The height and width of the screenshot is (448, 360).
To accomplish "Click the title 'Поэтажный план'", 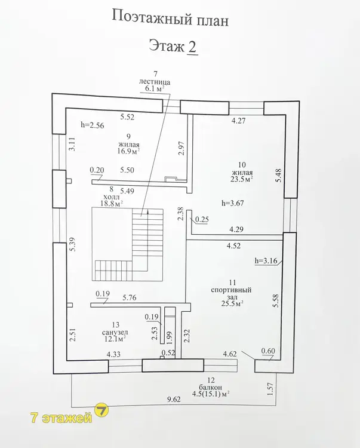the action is (170, 19).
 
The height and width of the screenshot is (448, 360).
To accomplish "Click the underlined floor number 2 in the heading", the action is (192, 46).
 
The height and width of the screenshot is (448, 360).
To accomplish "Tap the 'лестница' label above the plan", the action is (155, 82).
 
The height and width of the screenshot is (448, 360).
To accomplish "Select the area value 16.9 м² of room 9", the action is (128, 151).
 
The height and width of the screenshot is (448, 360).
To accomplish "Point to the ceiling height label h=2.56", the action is (92, 125).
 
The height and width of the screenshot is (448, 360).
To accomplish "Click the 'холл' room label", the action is (112, 197).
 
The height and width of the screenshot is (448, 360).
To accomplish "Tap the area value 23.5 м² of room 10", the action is (242, 179).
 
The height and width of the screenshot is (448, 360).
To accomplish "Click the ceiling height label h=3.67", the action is (233, 203).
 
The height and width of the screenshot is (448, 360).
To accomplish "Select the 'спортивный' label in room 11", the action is (231, 290).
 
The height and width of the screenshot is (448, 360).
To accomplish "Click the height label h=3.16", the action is (266, 260).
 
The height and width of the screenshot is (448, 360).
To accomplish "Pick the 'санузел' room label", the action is (115, 332).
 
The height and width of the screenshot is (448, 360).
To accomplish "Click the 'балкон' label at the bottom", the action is (211, 388).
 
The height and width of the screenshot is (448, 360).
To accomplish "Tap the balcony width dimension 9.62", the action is (174, 399).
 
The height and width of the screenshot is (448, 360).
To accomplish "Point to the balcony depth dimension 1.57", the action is (270, 389).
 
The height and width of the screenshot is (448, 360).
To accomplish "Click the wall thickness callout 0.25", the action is (202, 219).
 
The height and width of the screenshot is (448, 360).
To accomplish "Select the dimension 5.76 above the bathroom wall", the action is (130, 297).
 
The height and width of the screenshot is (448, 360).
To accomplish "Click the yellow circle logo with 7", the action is (101, 410).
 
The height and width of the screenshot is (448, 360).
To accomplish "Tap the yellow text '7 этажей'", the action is (61, 418).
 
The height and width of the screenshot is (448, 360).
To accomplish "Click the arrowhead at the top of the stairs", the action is (148, 211).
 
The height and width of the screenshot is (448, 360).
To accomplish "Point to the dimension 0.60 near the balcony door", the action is (268, 351).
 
